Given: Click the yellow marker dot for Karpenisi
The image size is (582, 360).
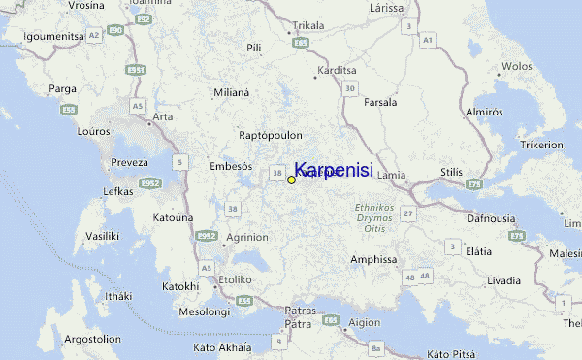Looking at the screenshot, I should point(291,180).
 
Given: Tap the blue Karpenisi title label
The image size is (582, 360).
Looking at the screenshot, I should point(334,169).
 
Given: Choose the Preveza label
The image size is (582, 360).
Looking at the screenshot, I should point(129,162).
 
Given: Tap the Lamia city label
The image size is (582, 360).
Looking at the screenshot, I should point(392,175).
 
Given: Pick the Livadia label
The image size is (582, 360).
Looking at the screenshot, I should point(504,279).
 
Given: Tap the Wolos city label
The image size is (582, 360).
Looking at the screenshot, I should point(516,67).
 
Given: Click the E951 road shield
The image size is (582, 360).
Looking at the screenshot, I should point(137,70).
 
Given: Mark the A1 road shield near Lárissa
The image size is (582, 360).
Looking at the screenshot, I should point(428,40).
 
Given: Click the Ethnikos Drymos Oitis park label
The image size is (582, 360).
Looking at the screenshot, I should point(372,217).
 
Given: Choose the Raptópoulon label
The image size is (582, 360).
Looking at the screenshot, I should point(272,135).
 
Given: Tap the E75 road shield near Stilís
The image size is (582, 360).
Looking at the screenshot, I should point(474,183).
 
